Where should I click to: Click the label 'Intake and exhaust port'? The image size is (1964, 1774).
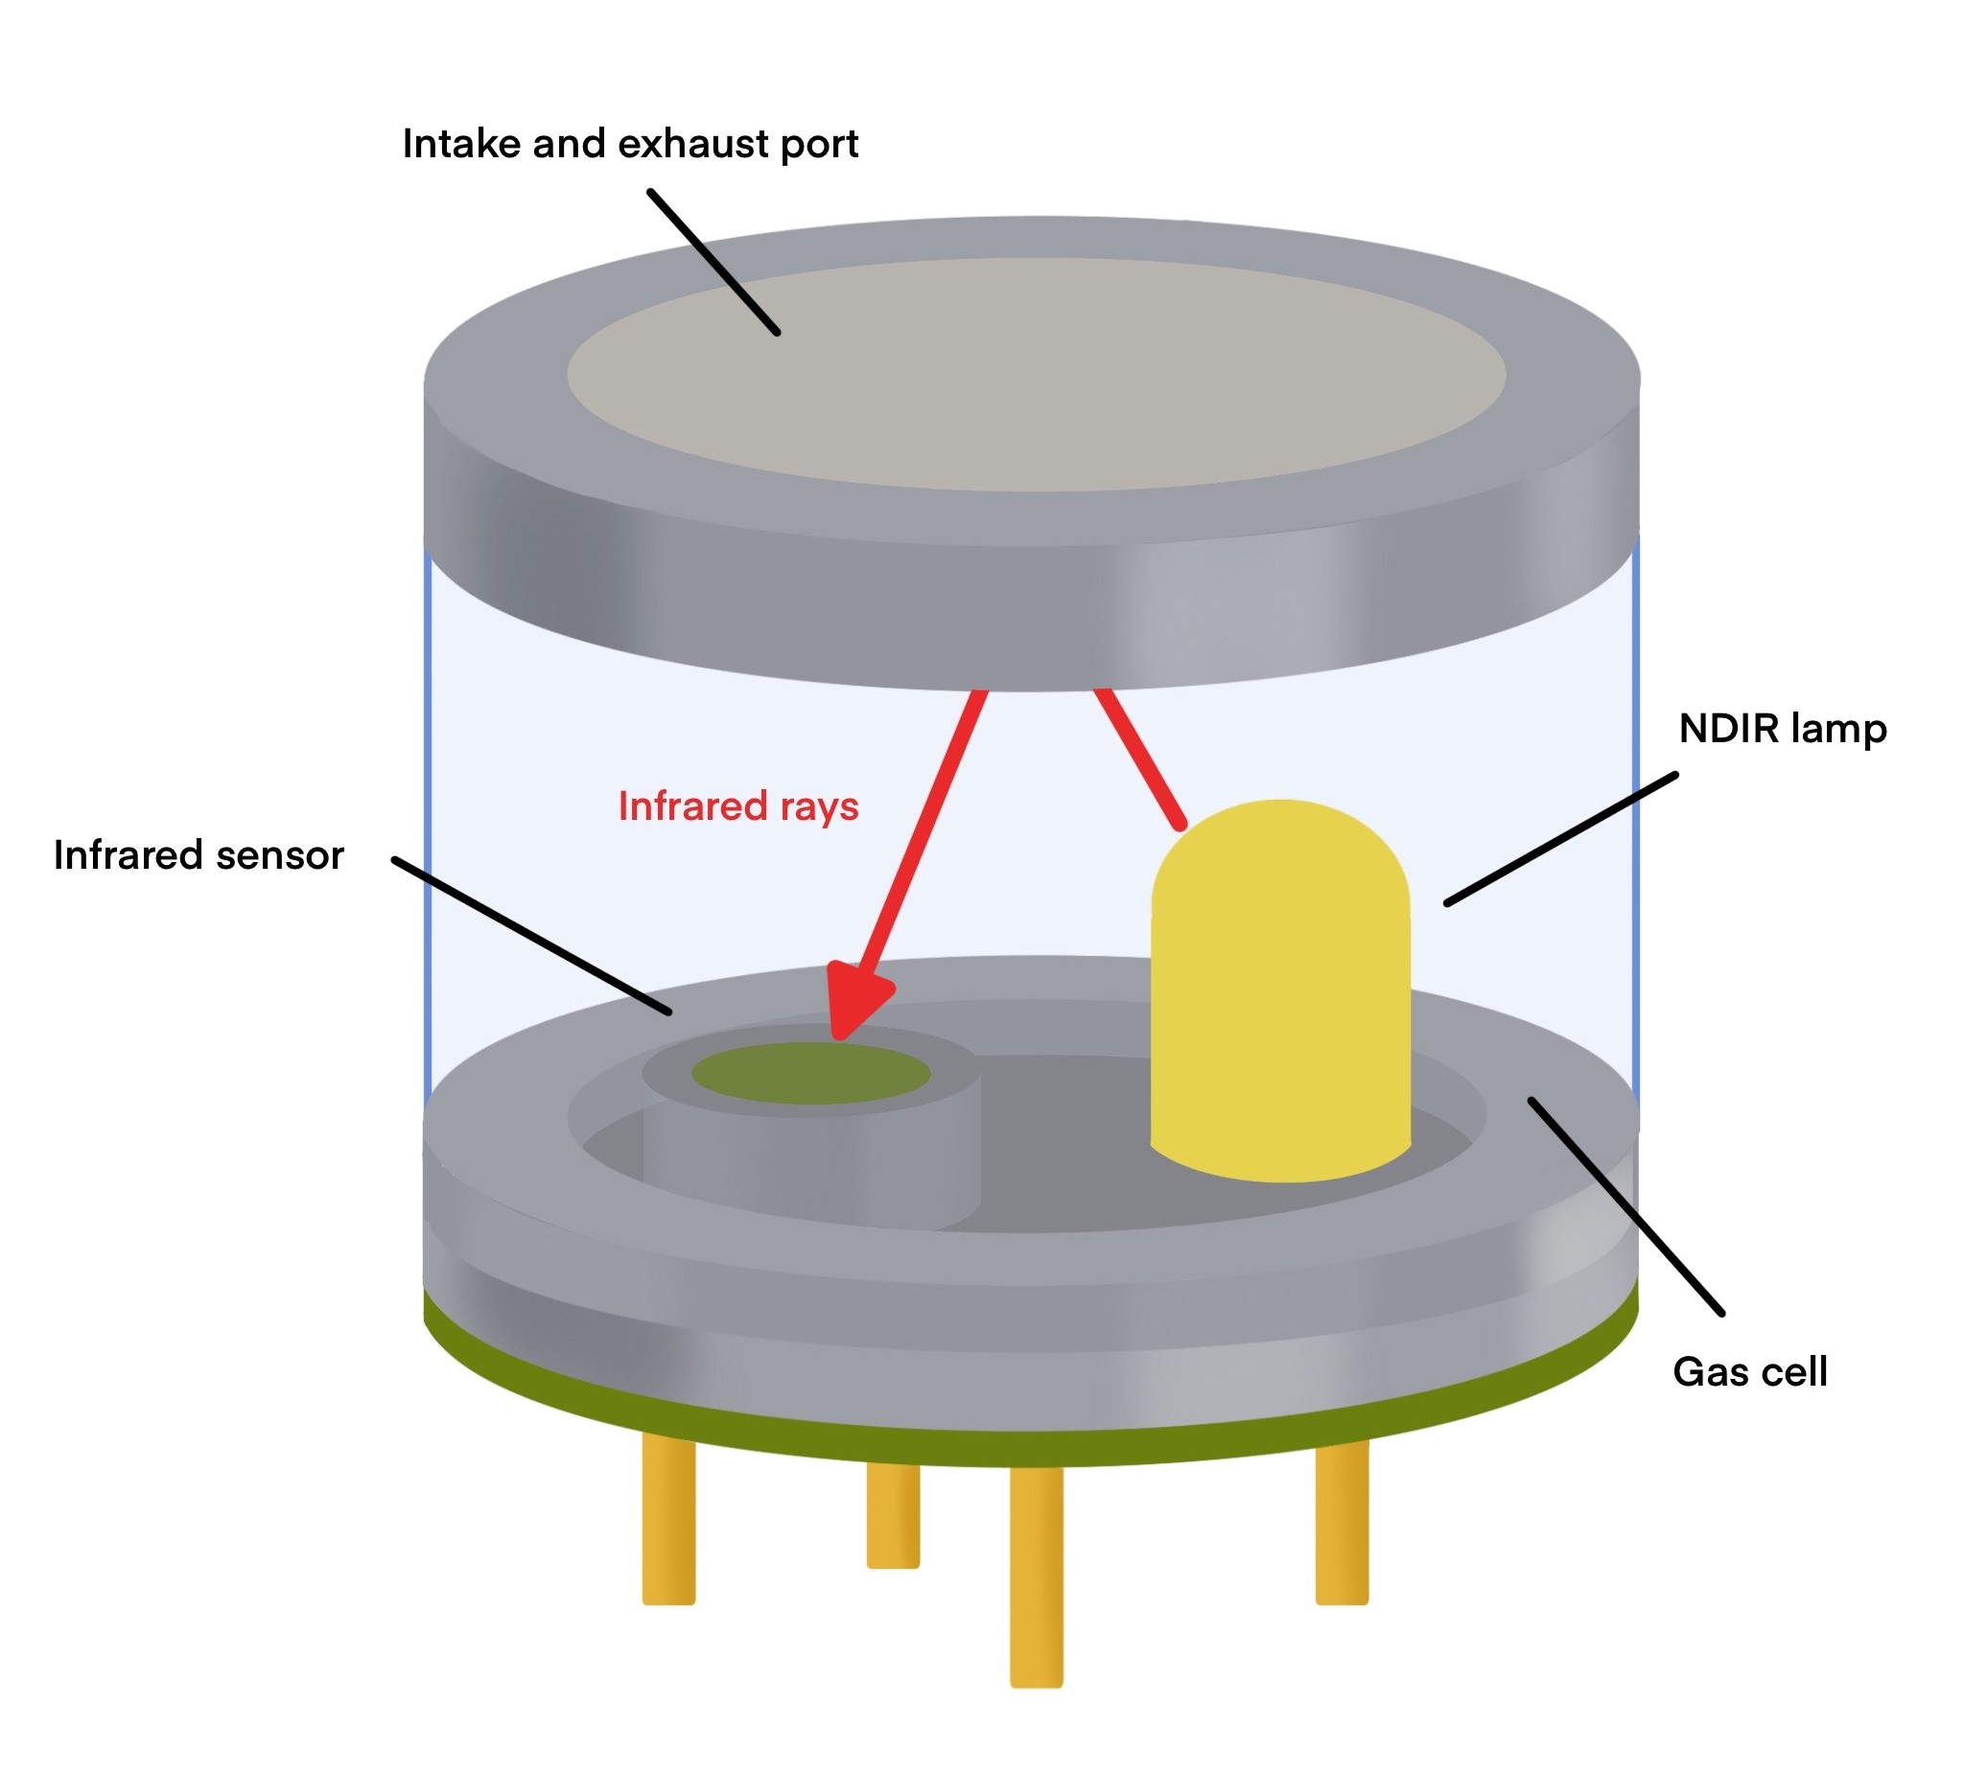click(x=630, y=144)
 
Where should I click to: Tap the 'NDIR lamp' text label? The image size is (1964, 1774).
click(x=1782, y=730)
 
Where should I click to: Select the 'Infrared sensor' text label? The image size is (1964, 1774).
click(x=199, y=855)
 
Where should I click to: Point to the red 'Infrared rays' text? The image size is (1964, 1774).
click(x=738, y=806)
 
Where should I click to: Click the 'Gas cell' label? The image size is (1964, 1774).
click(x=1750, y=1371)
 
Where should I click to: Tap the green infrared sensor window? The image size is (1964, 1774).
click(x=810, y=1073)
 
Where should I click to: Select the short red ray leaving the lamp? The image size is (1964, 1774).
click(x=1140, y=759)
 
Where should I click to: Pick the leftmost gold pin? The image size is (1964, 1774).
click(x=668, y=1520)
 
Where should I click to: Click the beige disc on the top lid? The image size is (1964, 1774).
click(x=1037, y=375)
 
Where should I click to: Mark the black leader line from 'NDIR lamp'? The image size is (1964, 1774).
click(x=1560, y=839)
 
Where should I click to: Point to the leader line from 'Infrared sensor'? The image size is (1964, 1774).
click(x=532, y=936)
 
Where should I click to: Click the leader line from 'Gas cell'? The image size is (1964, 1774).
click(x=1627, y=1207)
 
